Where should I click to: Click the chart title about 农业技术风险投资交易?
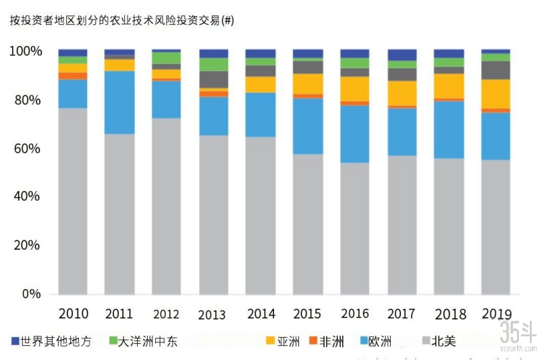(x=121, y=20)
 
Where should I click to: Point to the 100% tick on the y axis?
(x=26, y=51)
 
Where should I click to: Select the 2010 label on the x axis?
(x=73, y=313)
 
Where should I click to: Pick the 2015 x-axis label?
(x=308, y=313)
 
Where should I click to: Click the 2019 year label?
(x=496, y=313)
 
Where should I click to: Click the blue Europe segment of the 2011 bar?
(x=119, y=102)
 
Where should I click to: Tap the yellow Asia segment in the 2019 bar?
(x=496, y=94)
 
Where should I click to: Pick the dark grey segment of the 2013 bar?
(x=214, y=79)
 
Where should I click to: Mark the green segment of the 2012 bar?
(x=167, y=58)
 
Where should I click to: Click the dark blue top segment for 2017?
(x=402, y=55)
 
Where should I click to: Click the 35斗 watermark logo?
(x=518, y=334)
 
